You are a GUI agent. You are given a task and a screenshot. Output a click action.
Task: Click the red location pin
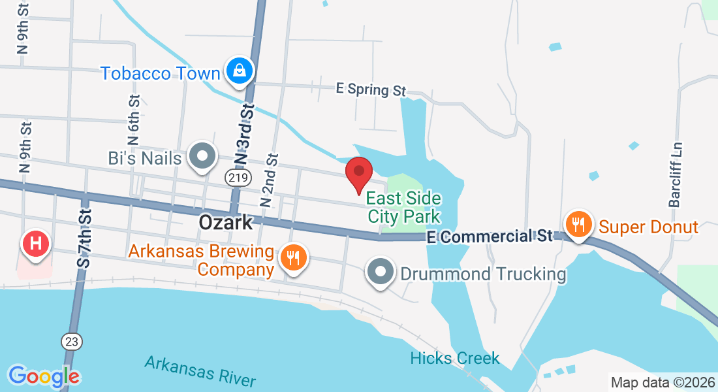tap(358, 172)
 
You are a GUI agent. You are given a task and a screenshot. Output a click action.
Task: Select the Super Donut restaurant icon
tap(578, 225)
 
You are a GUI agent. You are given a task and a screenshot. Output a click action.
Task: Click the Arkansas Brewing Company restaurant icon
tap(293, 257)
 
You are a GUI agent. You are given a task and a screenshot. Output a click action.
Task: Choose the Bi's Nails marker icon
tap(202, 157)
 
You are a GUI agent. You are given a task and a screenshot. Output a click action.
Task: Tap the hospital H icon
tap(37, 244)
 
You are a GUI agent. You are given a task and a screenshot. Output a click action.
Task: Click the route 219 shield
tap(236, 178)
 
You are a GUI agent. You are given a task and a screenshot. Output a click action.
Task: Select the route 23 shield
tap(72, 340)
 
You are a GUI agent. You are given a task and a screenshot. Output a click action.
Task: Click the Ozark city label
tap(225, 223)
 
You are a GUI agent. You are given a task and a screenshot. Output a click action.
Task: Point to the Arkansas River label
tap(200, 370)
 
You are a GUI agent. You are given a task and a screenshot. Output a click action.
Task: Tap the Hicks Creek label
tap(455, 358)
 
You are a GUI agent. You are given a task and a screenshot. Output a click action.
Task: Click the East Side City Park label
tap(403, 206)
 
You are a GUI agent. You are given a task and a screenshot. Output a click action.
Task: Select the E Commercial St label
tap(490, 236)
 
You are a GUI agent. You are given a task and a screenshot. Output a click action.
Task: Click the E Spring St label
tap(371, 89)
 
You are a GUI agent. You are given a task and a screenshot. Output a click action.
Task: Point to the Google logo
tap(44, 376)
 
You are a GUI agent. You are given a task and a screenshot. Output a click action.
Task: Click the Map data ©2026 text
tap(663, 382)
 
